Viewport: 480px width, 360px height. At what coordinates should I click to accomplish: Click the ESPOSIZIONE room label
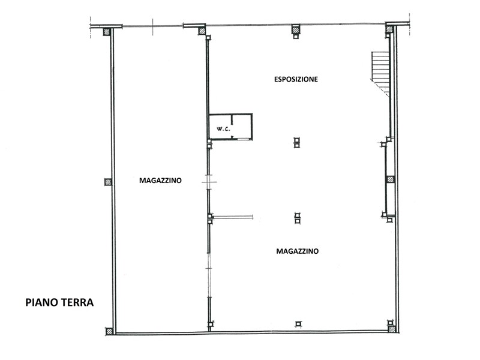[x=296, y=79]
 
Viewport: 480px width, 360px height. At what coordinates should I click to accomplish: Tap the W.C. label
[x=223, y=129]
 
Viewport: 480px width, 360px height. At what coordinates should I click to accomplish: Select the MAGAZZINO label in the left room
[x=160, y=181]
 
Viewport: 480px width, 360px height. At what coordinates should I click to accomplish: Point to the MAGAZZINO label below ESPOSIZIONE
[x=297, y=251]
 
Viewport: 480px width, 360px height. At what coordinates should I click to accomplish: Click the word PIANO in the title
[x=41, y=302]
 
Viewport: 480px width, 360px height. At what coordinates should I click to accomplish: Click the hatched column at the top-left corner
[x=107, y=32]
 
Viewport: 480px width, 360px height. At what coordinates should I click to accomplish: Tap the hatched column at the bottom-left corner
[x=109, y=331]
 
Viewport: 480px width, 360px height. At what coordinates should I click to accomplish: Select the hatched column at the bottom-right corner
[x=392, y=329]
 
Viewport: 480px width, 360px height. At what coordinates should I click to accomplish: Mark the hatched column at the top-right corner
[x=389, y=29]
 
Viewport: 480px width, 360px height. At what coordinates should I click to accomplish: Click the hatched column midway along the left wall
[x=108, y=182]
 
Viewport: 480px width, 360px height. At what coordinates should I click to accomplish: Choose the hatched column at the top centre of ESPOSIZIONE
[x=296, y=29]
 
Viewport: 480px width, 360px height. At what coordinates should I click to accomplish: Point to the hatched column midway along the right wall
[x=391, y=179]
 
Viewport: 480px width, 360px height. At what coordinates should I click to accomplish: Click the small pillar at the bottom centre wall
[x=298, y=324]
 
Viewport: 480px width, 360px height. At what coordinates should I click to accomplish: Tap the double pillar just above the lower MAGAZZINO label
[x=297, y=218]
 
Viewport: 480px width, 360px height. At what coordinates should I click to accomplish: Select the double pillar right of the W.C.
[x=296, y=143]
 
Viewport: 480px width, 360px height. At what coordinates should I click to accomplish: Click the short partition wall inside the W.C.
[x=232, y=119]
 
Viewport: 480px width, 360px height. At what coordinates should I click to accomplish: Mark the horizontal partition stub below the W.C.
[x=233, y=217]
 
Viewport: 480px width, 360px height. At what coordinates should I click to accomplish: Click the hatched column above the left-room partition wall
[x=202, y=31]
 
